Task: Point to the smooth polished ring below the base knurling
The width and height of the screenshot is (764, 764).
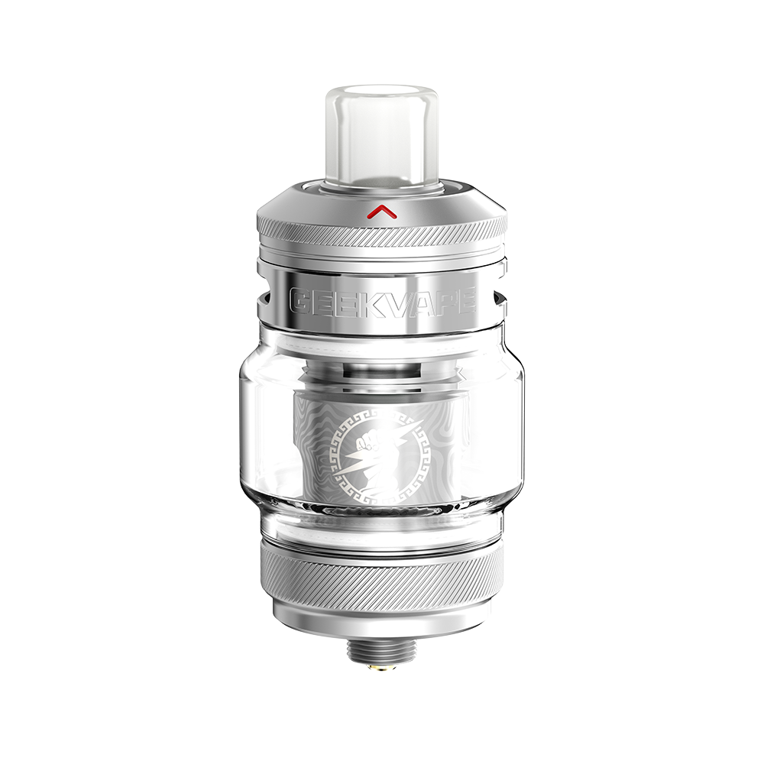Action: (x=382, y=619)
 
